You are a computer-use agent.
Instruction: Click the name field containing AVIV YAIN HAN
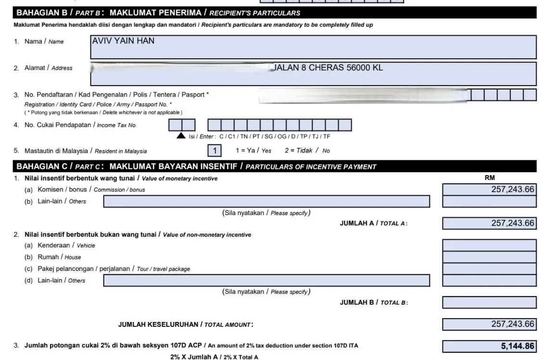coord(313,47)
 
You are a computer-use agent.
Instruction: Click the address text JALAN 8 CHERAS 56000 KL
coord(329,68)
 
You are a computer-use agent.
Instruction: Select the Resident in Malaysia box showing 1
coord(215,151)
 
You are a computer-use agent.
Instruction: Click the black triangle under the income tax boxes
coord(181,136)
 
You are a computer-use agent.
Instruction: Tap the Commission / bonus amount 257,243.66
coord(489,189)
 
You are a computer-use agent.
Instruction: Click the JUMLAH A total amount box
coord(489,223)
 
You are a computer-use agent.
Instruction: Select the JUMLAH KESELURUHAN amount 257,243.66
coord(489,324)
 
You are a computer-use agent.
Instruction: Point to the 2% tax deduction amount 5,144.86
coord(489,346)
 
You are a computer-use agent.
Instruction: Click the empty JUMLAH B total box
coord(489,302)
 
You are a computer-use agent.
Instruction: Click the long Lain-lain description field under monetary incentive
coord(267,201)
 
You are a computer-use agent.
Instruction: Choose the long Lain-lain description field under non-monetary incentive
coord(267,280)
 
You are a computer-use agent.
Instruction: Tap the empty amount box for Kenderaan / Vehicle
coord(489,245)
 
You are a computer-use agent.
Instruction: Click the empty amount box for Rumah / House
coord(489,257)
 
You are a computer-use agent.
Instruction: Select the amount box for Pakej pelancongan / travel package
coord(489,269)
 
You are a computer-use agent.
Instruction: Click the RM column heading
coord(490,178)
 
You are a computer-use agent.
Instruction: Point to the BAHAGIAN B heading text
coord(158,13)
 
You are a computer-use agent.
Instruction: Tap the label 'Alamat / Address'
coord(48,68)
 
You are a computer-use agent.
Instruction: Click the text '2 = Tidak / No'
coord(307,151)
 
